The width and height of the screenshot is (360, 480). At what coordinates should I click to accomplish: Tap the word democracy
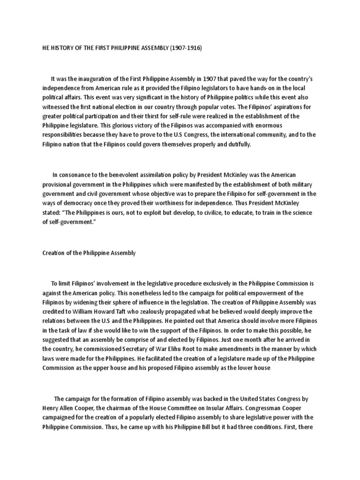pos(78,203)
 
